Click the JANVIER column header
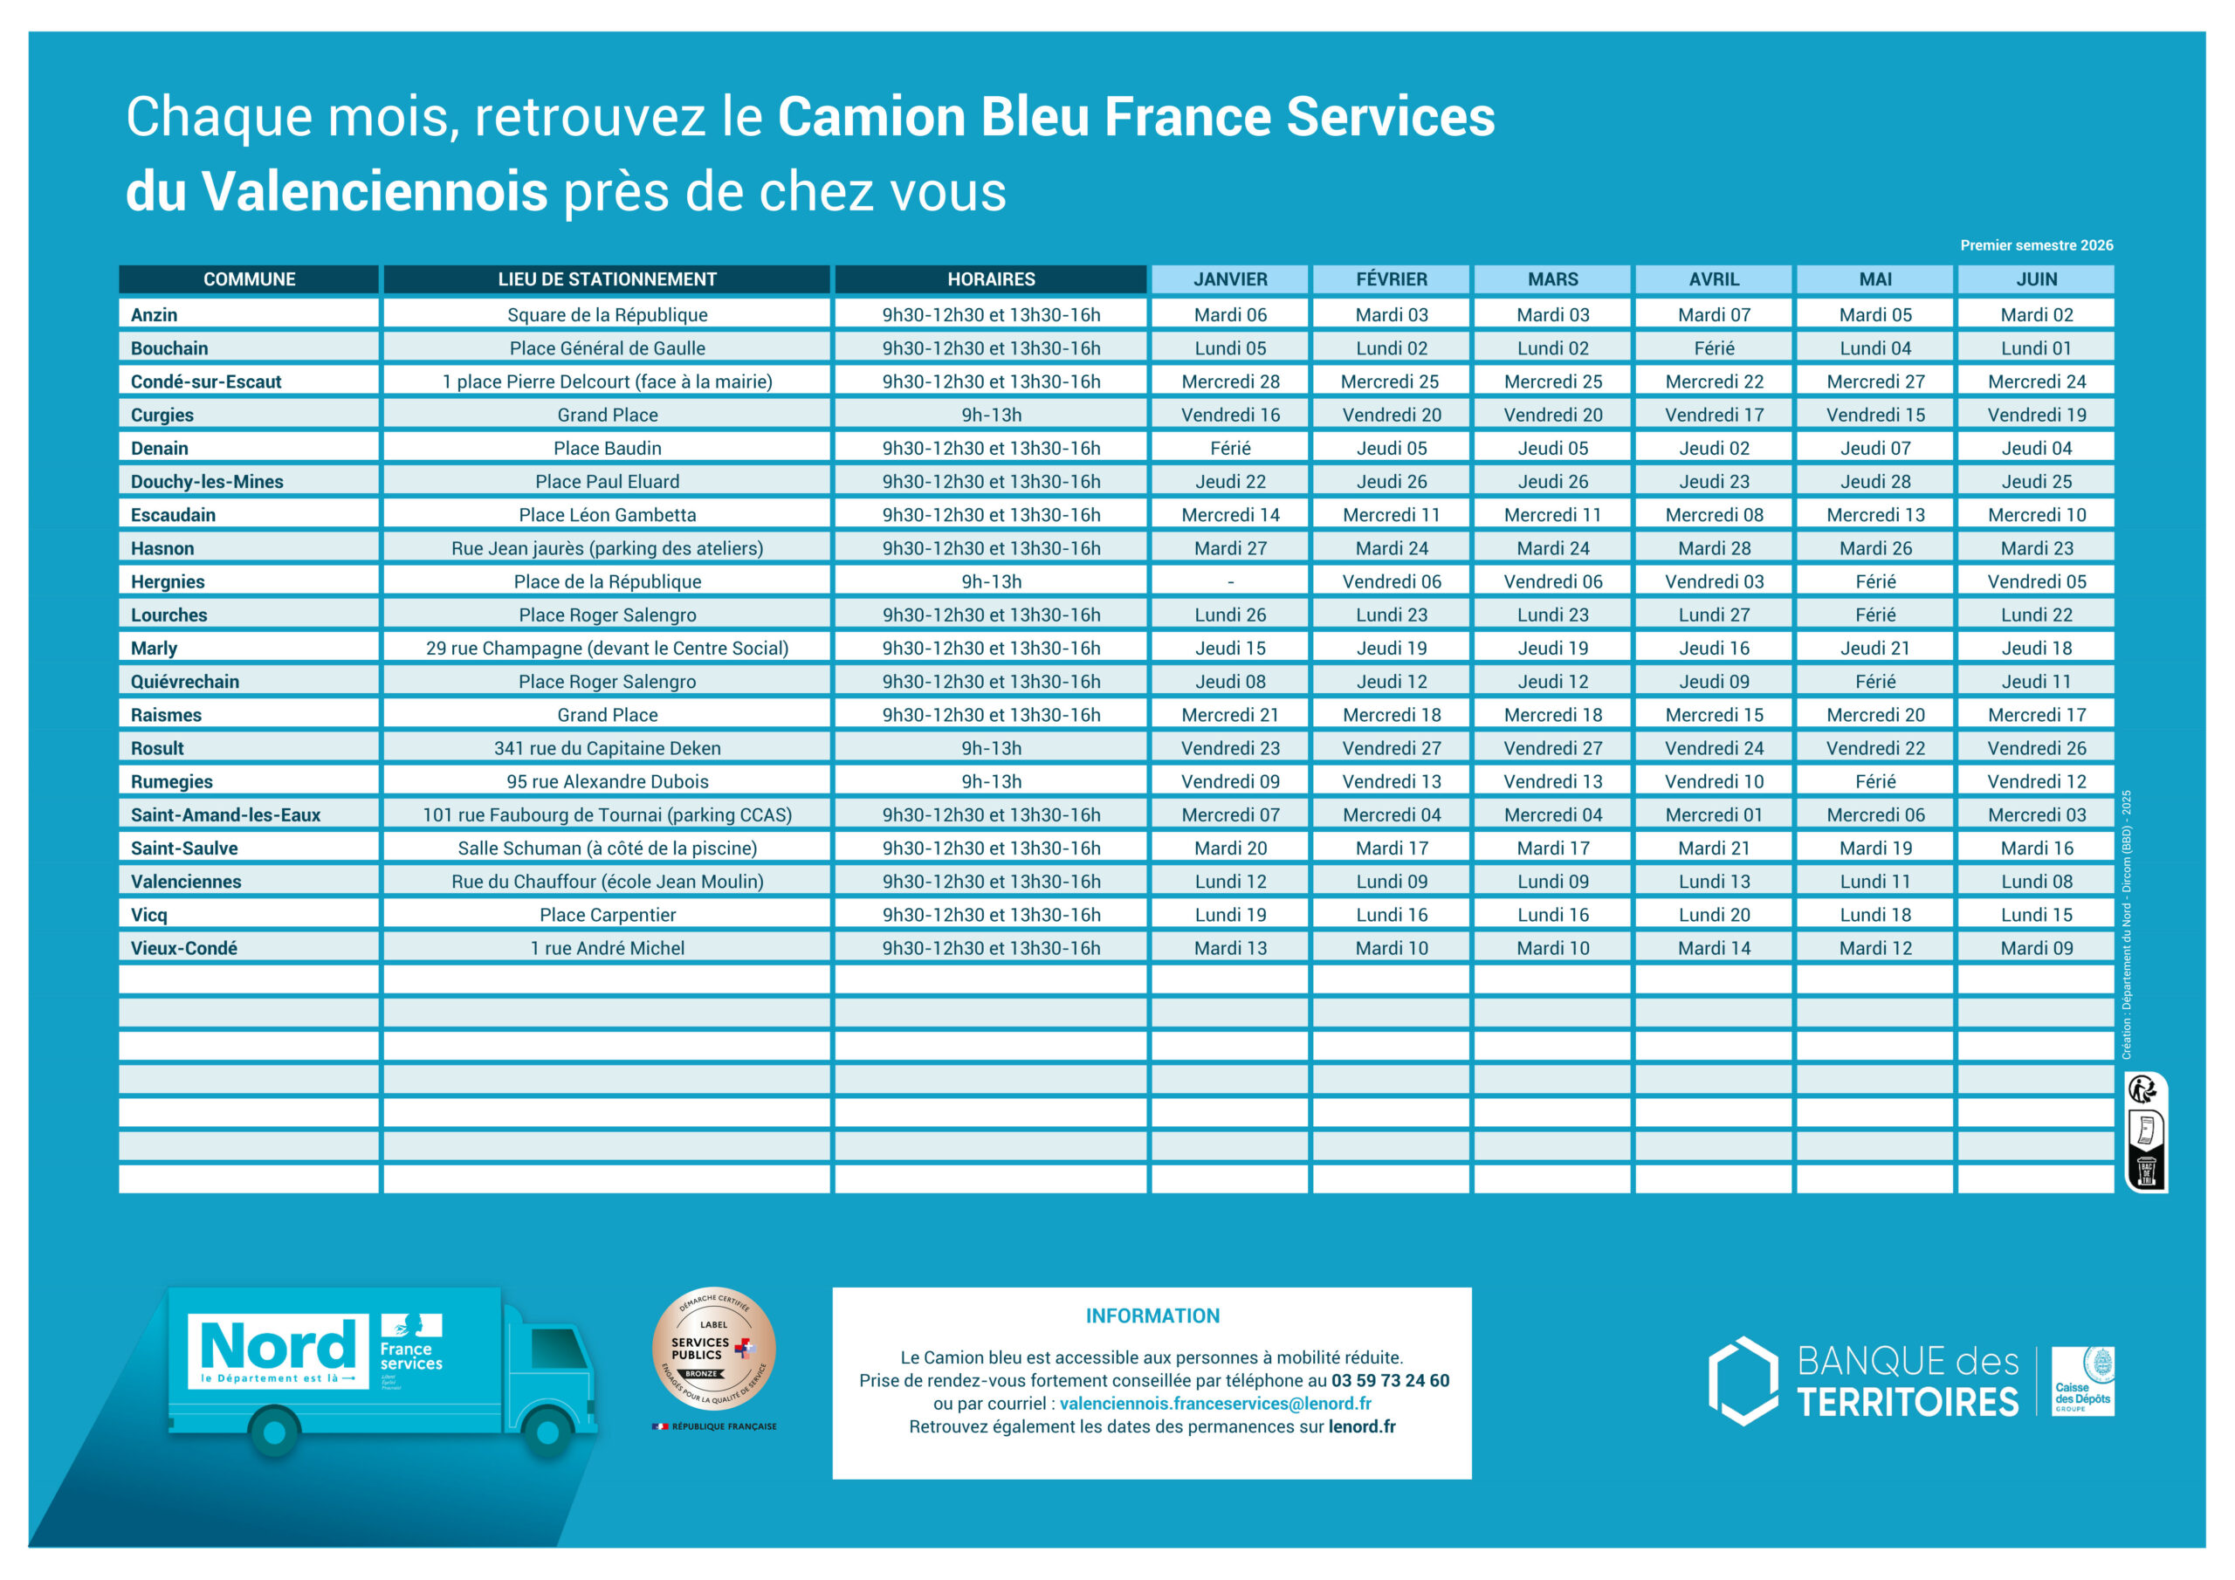tap(1229, 279)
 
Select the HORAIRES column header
tap(990, 279)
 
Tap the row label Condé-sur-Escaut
tap(206, 381)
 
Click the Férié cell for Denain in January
tap(1229, 448)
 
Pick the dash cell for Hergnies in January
tap(1229, 581)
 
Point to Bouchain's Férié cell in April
tap(1713, 348)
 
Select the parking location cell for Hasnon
tap(607, 548)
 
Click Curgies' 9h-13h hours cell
tap(990, 415)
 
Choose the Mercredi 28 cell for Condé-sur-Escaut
tap(1229, 381)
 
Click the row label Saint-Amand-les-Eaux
tap(225, 814)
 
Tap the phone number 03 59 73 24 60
tap(1389, 1380)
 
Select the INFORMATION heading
tap(1152, 1316)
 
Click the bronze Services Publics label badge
tap(713, 1350)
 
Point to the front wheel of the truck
tap(547, 1432)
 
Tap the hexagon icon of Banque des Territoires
tap(1743, 1380)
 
